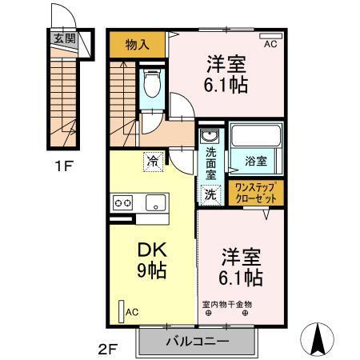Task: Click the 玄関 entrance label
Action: (65, 39)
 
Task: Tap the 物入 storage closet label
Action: (138, 45)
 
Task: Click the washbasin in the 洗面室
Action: (210, 136)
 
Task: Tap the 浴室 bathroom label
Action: (256, 161)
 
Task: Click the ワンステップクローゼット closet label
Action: (256, 193)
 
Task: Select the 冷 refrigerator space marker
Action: (153, 162)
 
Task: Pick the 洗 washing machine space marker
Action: (210, 195)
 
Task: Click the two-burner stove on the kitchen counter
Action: (122, 203)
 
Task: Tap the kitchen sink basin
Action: (156, 202)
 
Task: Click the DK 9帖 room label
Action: (152, 260)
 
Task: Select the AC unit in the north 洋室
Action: (270, 36)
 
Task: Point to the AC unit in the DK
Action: (122, 312)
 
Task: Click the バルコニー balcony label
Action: (198, 342)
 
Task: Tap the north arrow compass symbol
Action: (317, 339)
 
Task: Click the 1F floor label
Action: (64, 166)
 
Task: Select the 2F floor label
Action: (108, 350)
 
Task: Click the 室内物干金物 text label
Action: (227, 304)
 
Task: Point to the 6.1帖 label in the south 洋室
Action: (241, 278)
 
